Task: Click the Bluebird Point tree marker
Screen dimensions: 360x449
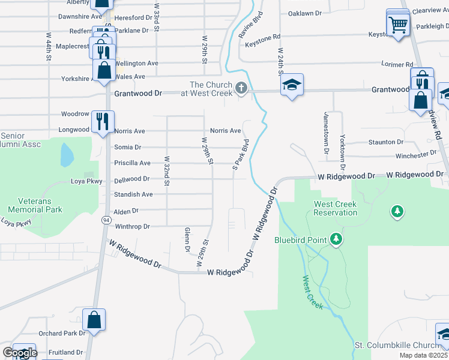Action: (x=337, y=240)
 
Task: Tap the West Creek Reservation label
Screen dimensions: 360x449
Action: (x=336, y=208)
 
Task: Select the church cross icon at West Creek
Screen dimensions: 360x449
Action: (x=241, y=89)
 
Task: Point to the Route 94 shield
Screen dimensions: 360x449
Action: (x=106, y=220)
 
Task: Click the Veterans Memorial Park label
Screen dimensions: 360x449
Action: (x=35, y=206)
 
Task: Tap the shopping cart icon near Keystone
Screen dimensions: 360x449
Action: (x=397, y=25)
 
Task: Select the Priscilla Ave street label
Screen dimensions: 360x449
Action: (x=132, y=163)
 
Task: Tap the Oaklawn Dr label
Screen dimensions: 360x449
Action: (x=305, y=13)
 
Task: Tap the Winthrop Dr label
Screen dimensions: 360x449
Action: (x=131, y=226)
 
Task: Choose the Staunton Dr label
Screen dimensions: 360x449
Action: (x=387, y=142)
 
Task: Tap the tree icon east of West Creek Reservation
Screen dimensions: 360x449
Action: (x=396, y=211)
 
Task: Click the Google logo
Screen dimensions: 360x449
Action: (x=20, y=353)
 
